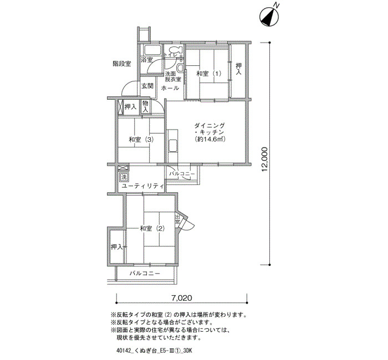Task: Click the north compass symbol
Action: (x=269, y=16)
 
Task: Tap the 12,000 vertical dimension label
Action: (x=265, y=160)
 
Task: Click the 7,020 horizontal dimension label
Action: (x=182, y=298)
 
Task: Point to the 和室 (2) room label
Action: (x=152, y=228)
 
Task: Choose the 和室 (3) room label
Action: (x=141, y=140)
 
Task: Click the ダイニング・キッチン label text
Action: (x=210, y=128)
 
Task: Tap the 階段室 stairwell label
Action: (x=122, y=64)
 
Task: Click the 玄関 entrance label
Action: (x=147, y=86)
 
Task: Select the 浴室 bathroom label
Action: (x=147, y=60)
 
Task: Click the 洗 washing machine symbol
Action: (x=124, y=177)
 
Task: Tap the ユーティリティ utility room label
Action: (x=143, y=186)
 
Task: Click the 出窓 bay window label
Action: (x=178, y=219)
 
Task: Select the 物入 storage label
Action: (x=145, y=106)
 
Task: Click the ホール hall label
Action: (x=170, y=88)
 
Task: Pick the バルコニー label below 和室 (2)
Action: (x=145, y=274)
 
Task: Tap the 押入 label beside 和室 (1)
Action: (x=238, y=69)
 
